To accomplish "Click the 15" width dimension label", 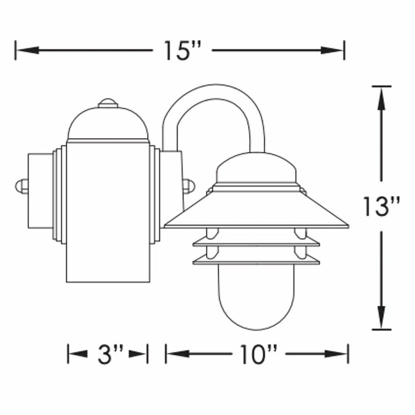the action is point(182,50).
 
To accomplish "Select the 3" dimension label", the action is point(110,354).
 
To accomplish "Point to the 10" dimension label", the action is point(259,354).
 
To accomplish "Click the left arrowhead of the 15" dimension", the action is point(28,50).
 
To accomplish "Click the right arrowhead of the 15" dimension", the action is point(332,50).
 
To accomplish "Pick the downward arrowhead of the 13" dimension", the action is point(381,317).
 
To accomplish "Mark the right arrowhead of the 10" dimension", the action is point(336,354).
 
